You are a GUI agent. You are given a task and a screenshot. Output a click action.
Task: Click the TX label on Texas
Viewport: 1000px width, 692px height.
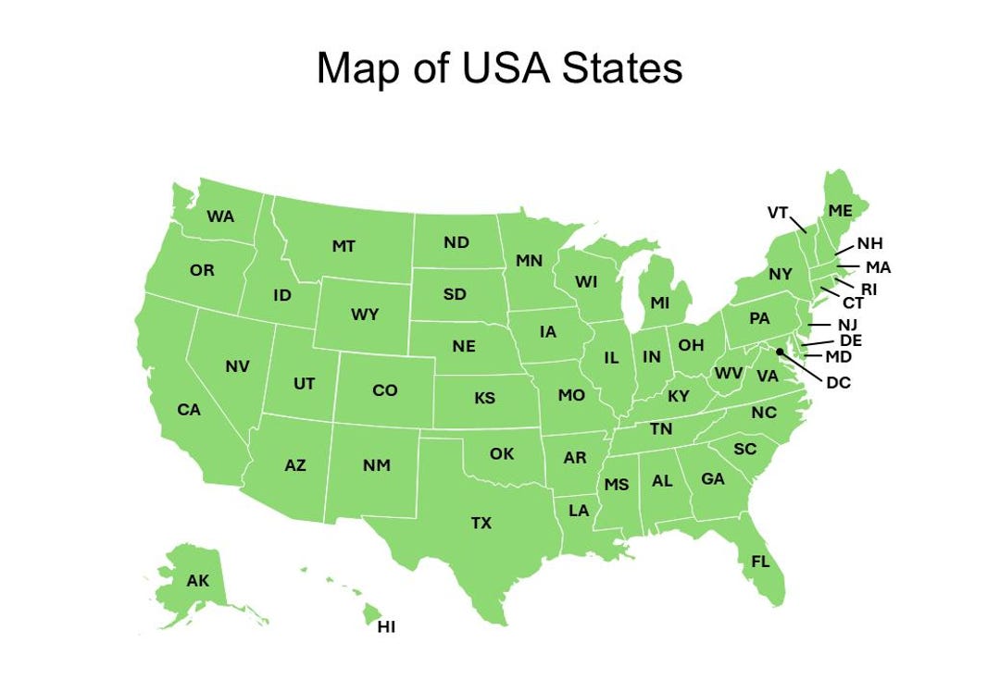(481, 524)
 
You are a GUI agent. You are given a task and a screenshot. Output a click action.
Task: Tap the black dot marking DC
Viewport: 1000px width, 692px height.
(780, 352)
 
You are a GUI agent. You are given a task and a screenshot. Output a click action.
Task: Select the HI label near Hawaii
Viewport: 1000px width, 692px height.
(386, 627)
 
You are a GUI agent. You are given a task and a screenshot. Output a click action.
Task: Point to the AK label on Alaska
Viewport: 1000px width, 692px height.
(197, 581)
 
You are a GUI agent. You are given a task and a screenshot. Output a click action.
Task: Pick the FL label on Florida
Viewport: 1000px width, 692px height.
(760, 562)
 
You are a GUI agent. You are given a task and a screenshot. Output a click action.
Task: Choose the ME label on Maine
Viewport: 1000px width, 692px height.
(840, 211)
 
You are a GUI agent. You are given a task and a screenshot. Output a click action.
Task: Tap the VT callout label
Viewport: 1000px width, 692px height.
(778, 213)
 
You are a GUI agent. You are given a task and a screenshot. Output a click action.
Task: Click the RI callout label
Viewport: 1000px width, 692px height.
(869, 289)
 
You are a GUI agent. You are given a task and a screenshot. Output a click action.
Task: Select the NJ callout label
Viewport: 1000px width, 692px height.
(847, 325)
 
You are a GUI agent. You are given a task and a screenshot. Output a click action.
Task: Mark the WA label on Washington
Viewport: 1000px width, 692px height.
(220, 216)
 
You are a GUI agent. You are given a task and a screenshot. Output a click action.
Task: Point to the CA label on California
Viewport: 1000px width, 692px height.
(189, 409)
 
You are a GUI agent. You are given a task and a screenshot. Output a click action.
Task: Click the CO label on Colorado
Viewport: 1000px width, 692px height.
(384, 390)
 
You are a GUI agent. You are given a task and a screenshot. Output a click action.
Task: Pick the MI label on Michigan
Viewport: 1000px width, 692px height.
(659, 303)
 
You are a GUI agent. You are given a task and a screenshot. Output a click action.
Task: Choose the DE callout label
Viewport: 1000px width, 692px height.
(851, 340)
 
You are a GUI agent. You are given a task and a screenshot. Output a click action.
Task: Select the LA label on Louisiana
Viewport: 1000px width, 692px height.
(579, 510)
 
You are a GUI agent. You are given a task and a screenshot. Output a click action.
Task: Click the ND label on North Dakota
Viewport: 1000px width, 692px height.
(456, 242)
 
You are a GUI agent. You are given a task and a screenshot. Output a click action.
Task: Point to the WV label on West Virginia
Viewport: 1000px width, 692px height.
(729, 374)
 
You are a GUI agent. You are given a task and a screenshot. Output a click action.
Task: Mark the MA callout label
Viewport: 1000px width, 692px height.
(878, 267)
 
